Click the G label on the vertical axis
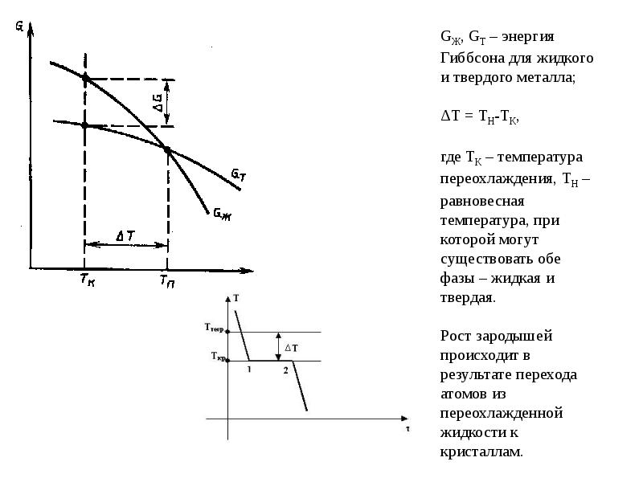[x=18, y=26]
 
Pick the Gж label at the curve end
[x=220, y=212]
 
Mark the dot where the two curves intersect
[x=167, y=149]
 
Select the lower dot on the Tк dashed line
[x=85, y=125]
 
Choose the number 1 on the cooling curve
[x=249, y=369]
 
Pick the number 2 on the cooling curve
[x=285, y=370]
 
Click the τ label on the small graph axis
[x=408, y=429]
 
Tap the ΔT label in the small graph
[x=292, y=347]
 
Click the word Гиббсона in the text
[x=471, y=59]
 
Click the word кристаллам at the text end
[x=481, y=452]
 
